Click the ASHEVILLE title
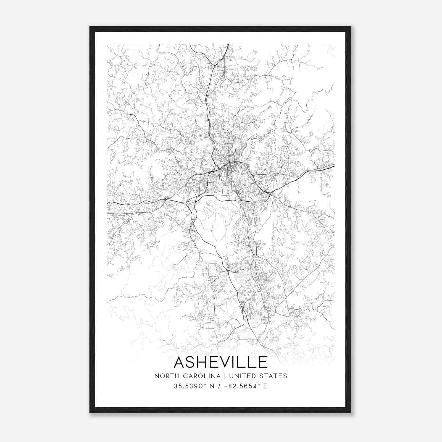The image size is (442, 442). click(x=221, y=362)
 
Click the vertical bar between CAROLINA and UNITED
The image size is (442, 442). click(x=224, y=376)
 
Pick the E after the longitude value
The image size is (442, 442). click(x=265, y=386)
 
